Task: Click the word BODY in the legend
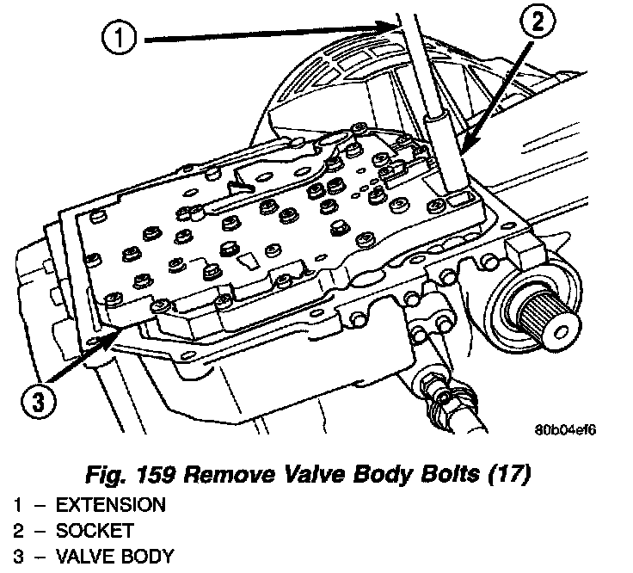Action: click(146, 556)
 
